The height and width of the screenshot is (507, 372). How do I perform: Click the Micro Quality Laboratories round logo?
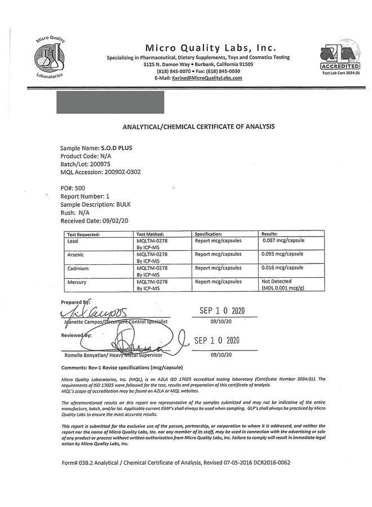(51, 57)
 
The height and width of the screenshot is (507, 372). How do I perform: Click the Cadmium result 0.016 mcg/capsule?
(284, 268)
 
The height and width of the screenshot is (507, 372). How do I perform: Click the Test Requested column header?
(83, 233)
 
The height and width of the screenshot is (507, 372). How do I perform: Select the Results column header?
(271, 233)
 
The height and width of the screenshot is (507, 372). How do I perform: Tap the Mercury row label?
(77, 281)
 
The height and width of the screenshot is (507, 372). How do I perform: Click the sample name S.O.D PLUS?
(117, 148)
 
